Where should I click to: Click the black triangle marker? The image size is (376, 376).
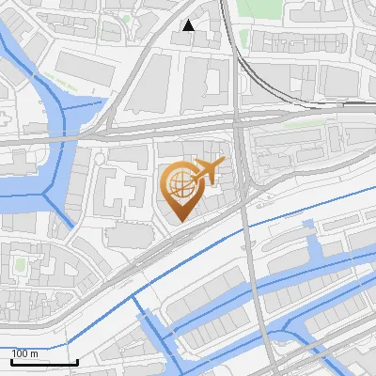[189, 25]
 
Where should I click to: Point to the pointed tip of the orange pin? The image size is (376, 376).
[180, 222]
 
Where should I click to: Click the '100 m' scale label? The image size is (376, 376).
[25, 353]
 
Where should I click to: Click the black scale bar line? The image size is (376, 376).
[44, 362]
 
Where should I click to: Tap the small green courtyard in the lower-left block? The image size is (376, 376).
[20, 266]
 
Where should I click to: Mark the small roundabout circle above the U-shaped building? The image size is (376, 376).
[142, 166]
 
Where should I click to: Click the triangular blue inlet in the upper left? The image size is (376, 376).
[94, 104]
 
